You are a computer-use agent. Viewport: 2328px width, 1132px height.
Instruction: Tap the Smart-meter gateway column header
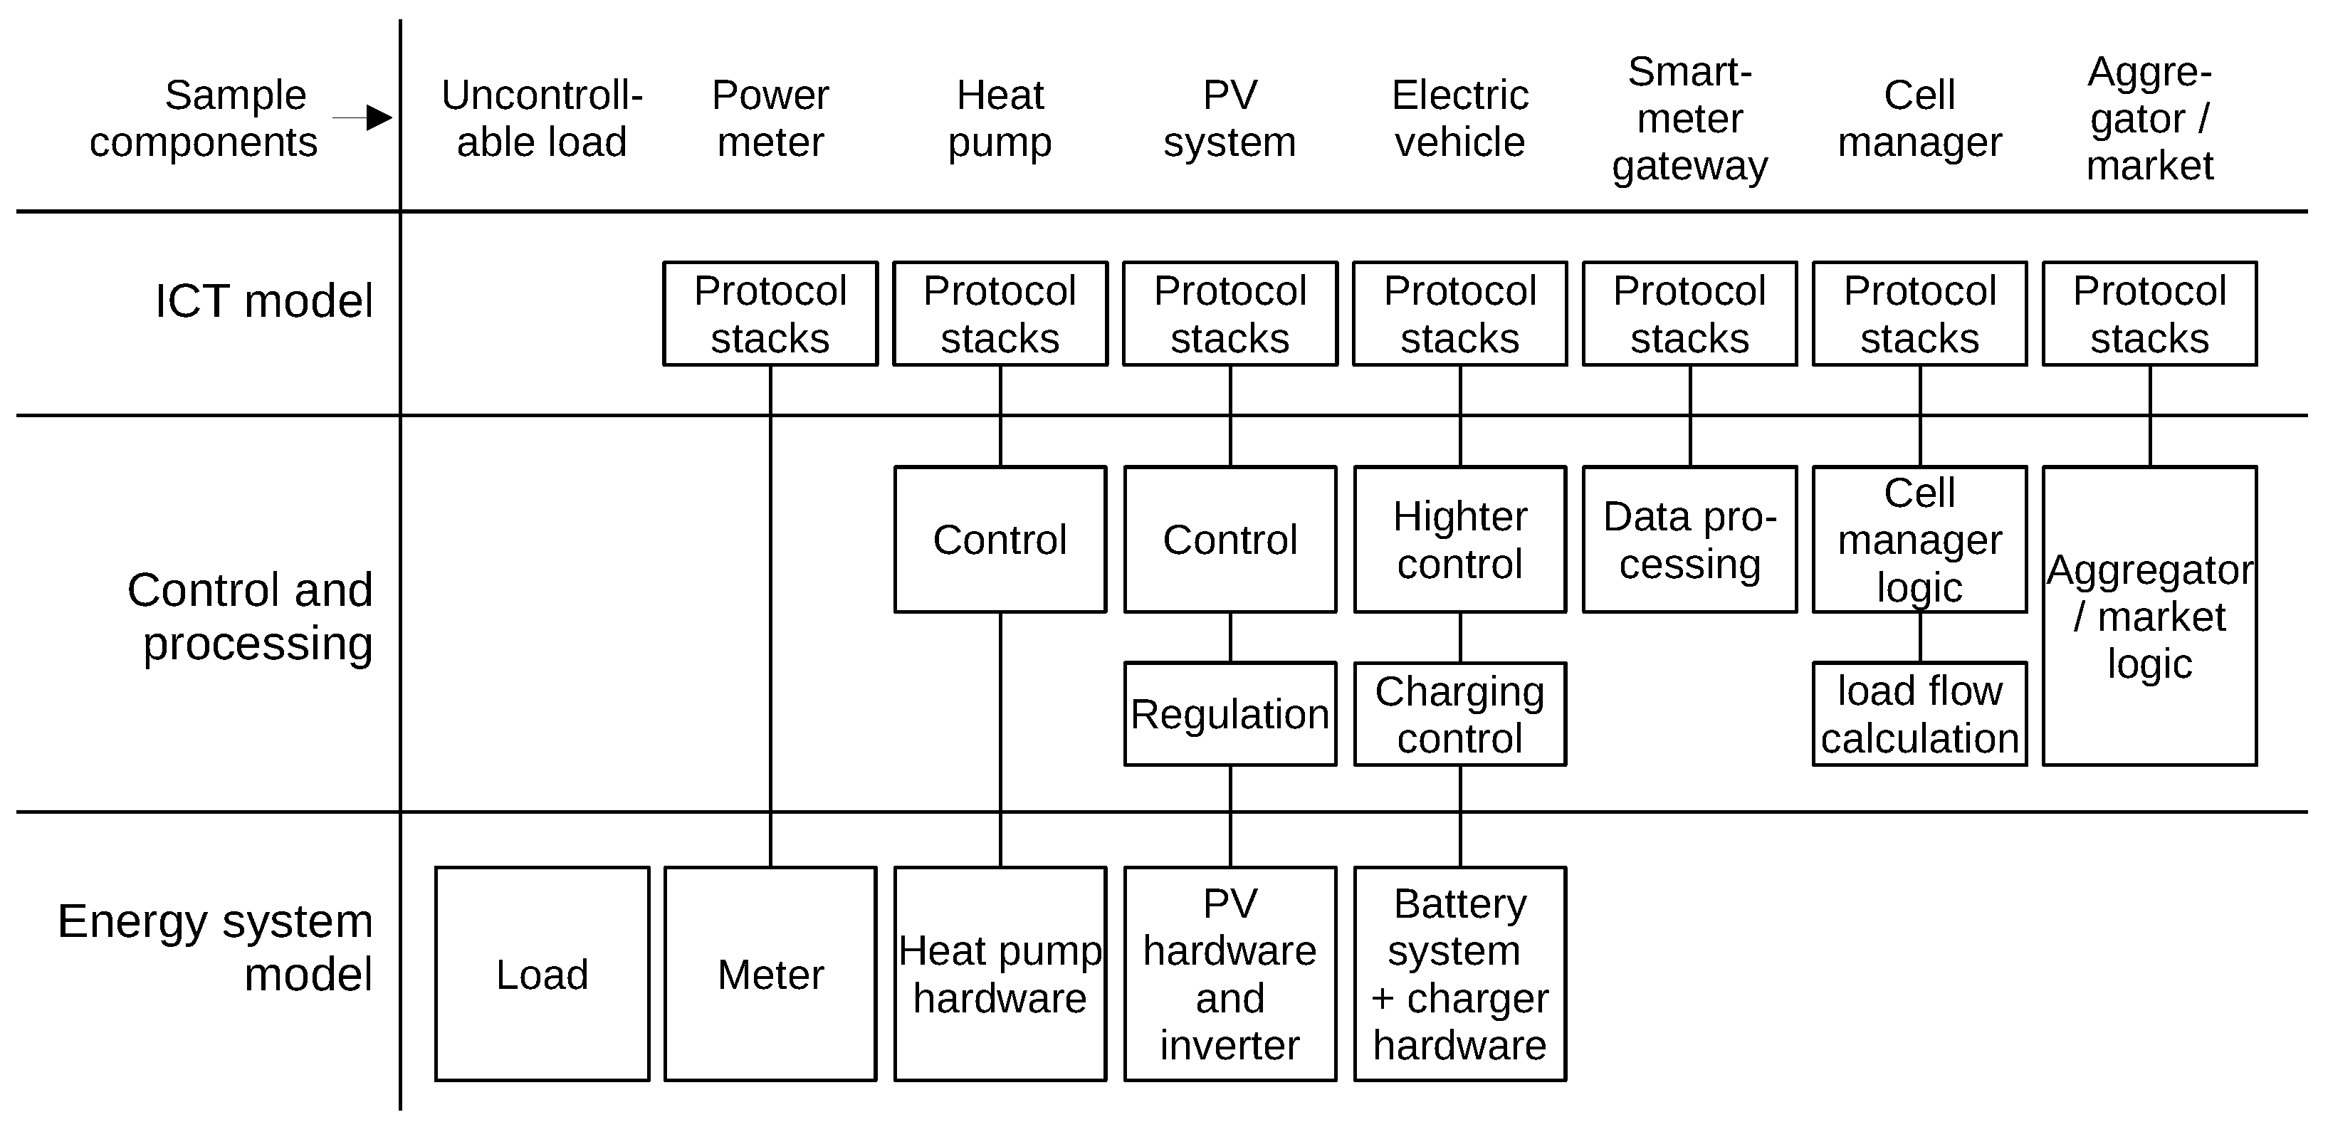click(1689, 118)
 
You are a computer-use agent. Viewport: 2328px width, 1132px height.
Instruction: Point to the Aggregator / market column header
click(2149, 118)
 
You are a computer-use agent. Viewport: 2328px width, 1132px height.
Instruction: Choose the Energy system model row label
click(216, 947)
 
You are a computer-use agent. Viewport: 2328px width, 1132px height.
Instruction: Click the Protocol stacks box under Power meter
click(770, 313)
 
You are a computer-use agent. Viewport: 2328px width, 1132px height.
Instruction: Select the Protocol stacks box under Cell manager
click(1919, 313)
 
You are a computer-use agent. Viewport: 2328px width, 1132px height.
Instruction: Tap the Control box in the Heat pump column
click(1000, 540)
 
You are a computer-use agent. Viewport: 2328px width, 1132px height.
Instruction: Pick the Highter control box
click(1459, 540)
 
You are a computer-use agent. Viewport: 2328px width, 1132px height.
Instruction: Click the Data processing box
click(1689, 540)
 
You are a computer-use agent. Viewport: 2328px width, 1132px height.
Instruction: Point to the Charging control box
click(1459, 713)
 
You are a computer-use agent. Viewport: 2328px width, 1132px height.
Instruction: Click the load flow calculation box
click(1919, 713)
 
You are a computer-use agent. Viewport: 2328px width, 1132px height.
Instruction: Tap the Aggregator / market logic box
click(2149, 616)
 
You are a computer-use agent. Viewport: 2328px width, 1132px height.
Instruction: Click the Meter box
click(770, 974)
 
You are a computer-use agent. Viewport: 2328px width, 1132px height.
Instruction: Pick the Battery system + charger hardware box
click(1459, 974)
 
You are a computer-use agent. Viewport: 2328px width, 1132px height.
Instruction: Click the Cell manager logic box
click(1919, 540)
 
